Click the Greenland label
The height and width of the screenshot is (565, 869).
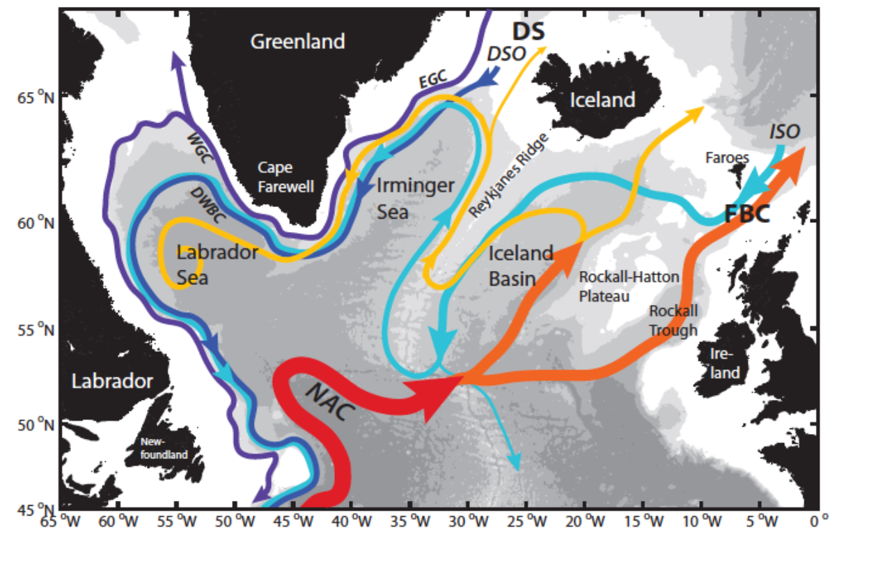[x=297, y=42]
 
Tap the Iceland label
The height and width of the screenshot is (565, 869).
[x=602, y=100]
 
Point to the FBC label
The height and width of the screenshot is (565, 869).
[x=747, y=214]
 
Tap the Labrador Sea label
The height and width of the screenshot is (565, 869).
[x=208, y=264]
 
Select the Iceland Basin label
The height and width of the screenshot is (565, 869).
[x=520, y=265]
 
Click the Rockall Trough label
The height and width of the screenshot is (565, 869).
[x=673, y=320]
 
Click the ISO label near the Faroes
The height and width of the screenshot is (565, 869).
[x=784, y=131]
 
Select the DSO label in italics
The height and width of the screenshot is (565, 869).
[x=506, y=54]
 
